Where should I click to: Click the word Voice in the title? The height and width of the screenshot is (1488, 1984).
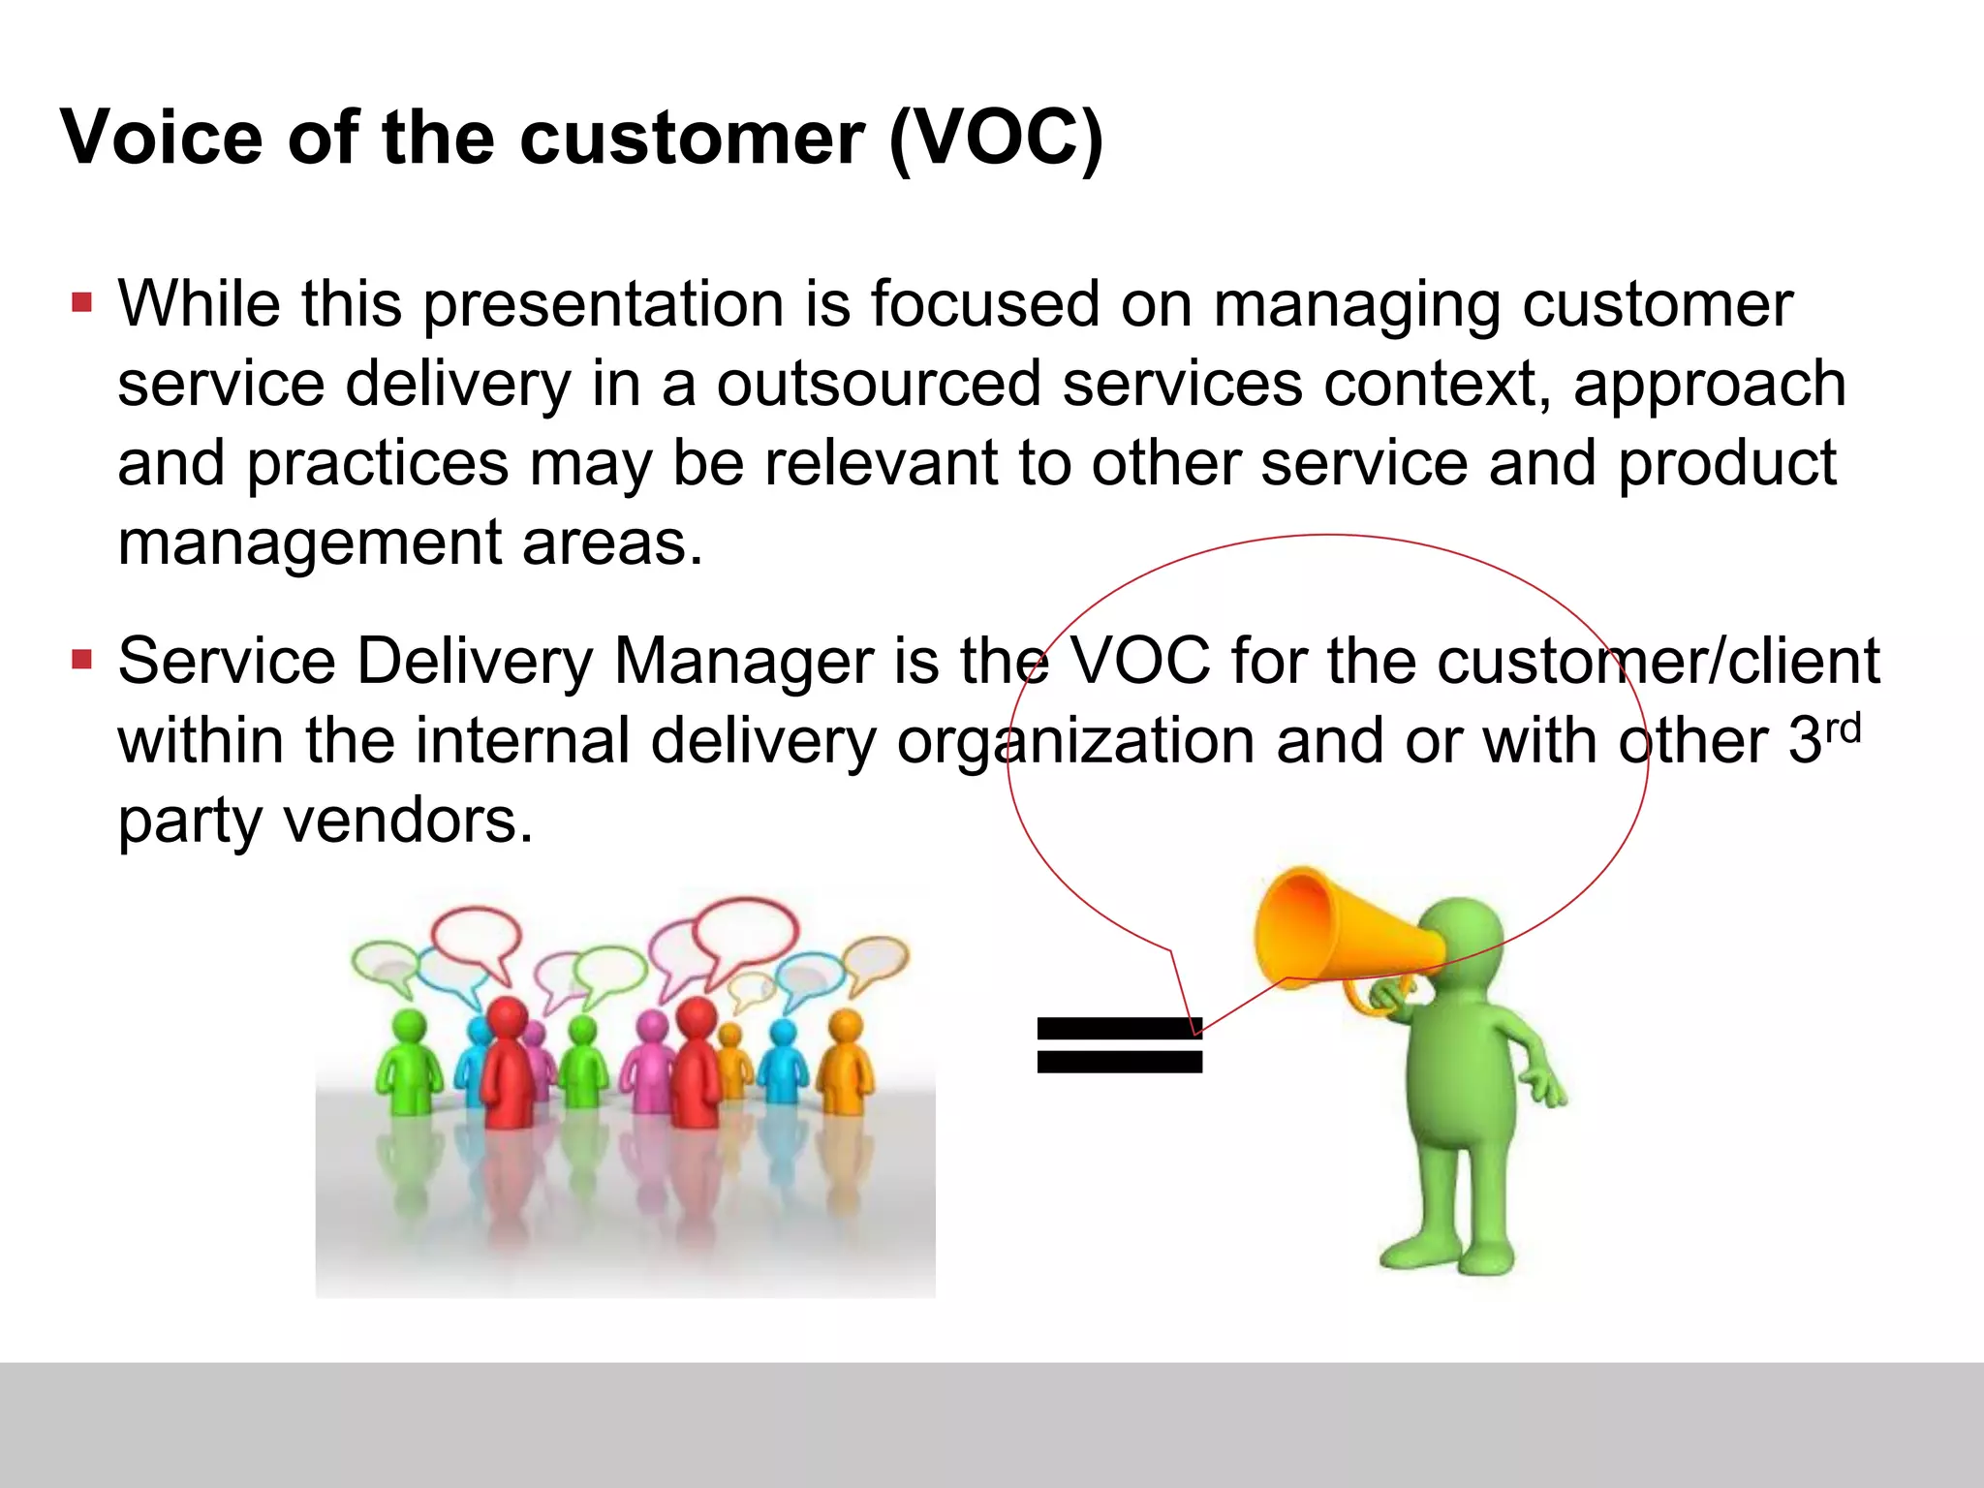(162, 138)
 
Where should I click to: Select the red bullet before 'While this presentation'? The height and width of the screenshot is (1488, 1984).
(81, 303)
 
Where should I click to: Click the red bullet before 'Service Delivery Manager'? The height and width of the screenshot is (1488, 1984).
(81, 661)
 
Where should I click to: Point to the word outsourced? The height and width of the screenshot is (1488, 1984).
(878, 384)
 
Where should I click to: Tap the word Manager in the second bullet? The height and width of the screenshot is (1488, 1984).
(743, 662)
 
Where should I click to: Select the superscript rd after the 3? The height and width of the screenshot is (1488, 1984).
(1843, 728)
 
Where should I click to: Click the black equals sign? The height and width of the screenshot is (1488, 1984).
(1119, 1044)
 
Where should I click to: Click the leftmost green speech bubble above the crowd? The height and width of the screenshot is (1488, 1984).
(385, 965)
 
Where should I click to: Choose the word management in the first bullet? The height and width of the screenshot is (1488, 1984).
(309, 543)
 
